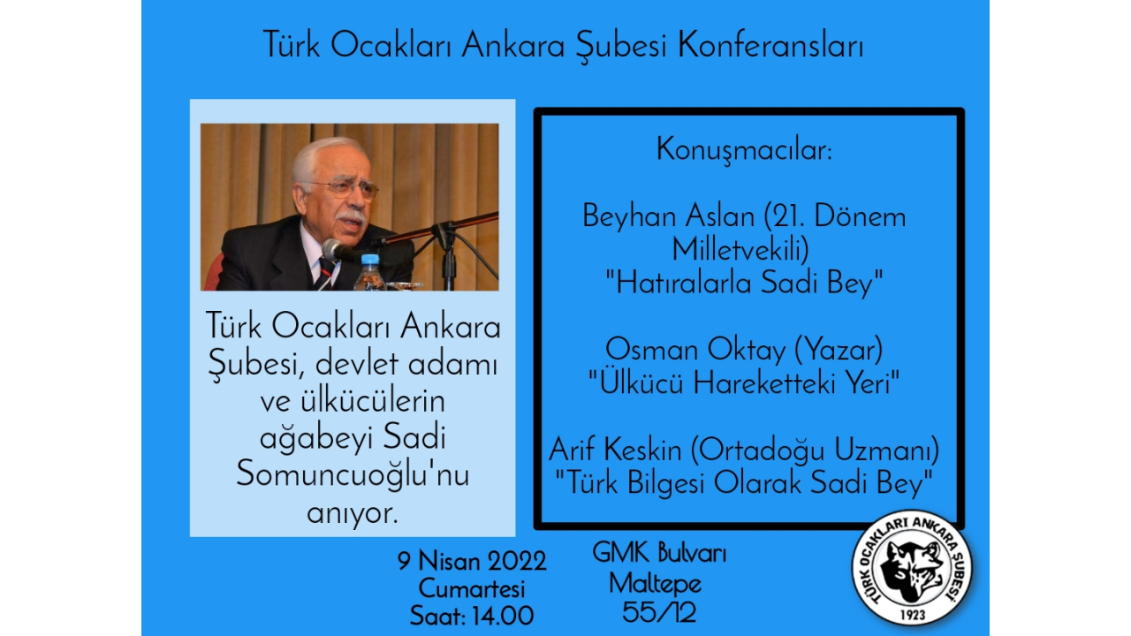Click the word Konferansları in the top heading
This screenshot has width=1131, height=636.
(770, 46)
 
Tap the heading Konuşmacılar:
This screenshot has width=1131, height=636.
(744, 150)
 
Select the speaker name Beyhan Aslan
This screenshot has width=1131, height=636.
(669, 216)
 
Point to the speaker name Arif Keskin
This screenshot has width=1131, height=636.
(616, 450)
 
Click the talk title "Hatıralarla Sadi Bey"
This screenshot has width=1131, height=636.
(744, 283)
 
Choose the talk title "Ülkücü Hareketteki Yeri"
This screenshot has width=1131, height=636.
(744, 382)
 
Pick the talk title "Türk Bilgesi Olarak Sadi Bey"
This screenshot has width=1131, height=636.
(744, 482)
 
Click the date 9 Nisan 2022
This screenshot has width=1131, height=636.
(472, 561)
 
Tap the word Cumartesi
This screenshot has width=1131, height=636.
(472, 588)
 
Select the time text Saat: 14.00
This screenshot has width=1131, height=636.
(472, 616)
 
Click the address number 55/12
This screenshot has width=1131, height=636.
(659, 613)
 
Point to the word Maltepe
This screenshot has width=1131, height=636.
(656, 585)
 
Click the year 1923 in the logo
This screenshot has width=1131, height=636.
(913, 615)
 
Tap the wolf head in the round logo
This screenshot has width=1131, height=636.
(912, 571)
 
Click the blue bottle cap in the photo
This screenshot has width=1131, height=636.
(370, 260)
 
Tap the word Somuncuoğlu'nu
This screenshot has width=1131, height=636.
(353, 475)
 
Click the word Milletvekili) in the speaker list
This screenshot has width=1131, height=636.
(740, 249)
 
